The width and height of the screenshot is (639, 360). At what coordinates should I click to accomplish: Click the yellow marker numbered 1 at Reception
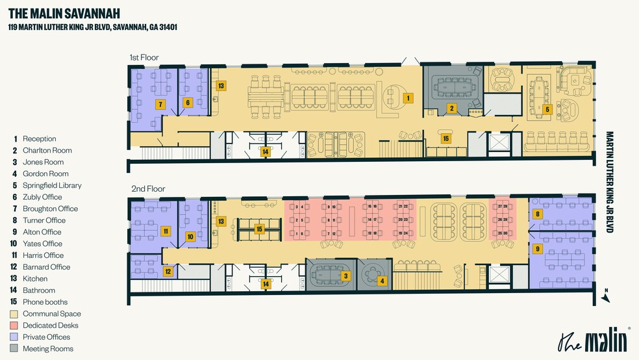tap(408, 98)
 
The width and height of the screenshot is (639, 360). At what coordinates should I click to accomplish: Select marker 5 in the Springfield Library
tap(547, 109)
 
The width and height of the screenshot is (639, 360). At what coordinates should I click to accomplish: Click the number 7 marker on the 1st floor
tap(160, 104)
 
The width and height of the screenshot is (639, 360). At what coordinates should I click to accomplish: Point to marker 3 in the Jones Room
tap(346, 276)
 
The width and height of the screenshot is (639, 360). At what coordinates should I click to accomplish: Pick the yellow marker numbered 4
tap(382, 281)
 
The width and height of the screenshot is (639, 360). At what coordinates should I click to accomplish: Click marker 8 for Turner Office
tap(537, 214)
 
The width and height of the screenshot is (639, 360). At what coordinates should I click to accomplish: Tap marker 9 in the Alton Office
tap(537, 248)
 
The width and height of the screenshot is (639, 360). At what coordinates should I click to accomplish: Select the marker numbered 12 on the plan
tap(168, 272)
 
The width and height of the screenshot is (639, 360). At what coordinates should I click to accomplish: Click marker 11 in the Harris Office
tap(166, 231)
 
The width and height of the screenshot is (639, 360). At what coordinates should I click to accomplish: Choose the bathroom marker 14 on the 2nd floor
tap(265, 283)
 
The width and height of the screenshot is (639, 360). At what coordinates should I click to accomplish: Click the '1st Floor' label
tap(144, 58)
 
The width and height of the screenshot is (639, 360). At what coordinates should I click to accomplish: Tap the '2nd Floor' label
tap(148, 189)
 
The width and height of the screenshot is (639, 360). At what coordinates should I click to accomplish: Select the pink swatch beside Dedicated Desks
tap(14, 326)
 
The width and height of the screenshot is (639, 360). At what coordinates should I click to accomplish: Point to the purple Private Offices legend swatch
tap(14, 337)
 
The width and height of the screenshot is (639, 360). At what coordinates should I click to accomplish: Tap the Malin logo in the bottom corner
tap(594, 340)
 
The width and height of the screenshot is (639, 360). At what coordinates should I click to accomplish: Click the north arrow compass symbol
tap(605, 296)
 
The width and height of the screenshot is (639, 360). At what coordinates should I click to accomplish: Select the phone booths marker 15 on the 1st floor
tap(445, 138)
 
